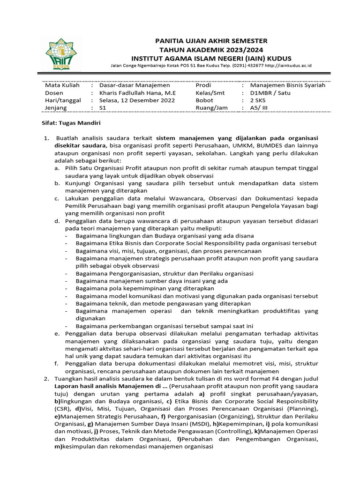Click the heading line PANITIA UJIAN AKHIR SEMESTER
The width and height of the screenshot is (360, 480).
(x=211, y=41)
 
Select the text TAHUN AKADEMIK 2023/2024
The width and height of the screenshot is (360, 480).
(x=211, y=50)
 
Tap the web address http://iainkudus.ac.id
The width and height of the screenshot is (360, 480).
(x=288, y=66)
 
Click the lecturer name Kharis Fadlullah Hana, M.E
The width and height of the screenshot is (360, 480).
(x=137, y=93)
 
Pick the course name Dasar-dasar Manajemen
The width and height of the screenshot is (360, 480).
(x=135, y=85)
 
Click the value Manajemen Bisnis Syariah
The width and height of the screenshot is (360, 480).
(x=287, y=85)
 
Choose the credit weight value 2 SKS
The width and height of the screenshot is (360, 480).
(x=258, y=100)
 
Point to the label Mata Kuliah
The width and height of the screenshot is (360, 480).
(x=62, y=85)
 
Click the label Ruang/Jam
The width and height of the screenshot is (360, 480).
(x=211, y=108)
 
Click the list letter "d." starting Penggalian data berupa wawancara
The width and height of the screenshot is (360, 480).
(x=56, y=220)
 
